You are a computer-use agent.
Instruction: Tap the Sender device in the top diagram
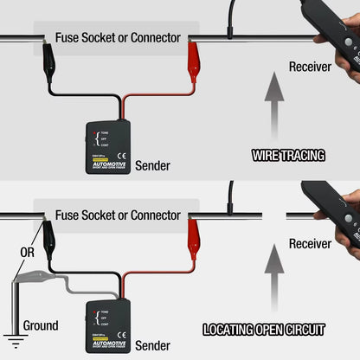pos(107,145)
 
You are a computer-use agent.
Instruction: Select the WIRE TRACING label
pos(288,156)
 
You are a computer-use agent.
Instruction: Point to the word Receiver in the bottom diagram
pos(311,244)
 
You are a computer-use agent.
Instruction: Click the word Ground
pos(41,326)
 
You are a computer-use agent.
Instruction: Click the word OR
pos(28,253)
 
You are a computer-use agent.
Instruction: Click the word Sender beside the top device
pos(153,165)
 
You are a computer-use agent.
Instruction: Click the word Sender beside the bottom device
pos(153,344)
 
